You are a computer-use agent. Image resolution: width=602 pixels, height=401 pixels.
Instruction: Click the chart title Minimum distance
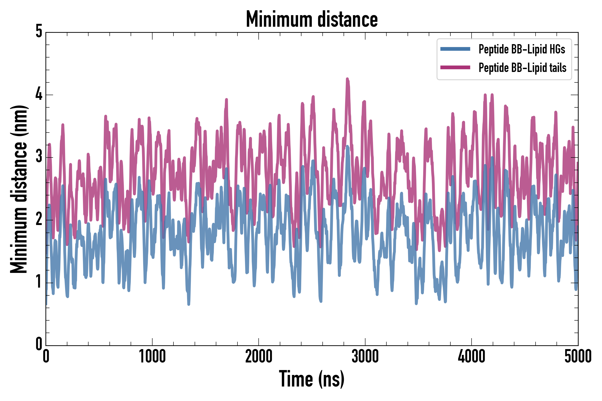pos(311,19)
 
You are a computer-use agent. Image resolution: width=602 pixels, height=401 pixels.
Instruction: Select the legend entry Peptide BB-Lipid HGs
pos(522,49)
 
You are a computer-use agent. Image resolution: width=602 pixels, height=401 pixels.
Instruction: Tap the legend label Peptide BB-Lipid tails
pos(522,68)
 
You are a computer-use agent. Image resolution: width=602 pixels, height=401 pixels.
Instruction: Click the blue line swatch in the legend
pos(455,49)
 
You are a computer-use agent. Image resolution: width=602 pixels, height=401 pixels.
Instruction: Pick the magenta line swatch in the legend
pos(455,68)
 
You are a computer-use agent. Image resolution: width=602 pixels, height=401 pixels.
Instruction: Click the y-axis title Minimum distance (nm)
pos(19,189)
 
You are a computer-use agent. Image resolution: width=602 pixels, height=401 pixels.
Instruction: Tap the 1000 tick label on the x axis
pos(152,356)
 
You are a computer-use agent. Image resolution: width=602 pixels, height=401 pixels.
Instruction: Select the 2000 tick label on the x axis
pos(258,356)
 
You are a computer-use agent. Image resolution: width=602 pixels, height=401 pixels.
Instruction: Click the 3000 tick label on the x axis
pos(365,356)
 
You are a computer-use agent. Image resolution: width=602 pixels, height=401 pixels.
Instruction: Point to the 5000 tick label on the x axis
pos(578,356)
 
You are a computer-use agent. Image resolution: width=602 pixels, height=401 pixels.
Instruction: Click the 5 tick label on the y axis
pos(39,32)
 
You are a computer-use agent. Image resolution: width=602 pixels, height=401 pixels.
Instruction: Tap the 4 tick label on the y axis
pos(39,94)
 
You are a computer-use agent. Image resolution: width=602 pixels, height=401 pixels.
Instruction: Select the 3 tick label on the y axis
pos(39,157)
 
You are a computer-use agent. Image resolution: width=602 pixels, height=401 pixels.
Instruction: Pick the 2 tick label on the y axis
pos(39,219)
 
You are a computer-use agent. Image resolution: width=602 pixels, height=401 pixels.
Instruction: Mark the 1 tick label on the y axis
pos(39,282)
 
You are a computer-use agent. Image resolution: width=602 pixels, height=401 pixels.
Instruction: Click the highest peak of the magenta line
pos(347,79)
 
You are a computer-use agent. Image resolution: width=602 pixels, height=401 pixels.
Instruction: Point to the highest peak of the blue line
pos(347,146)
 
